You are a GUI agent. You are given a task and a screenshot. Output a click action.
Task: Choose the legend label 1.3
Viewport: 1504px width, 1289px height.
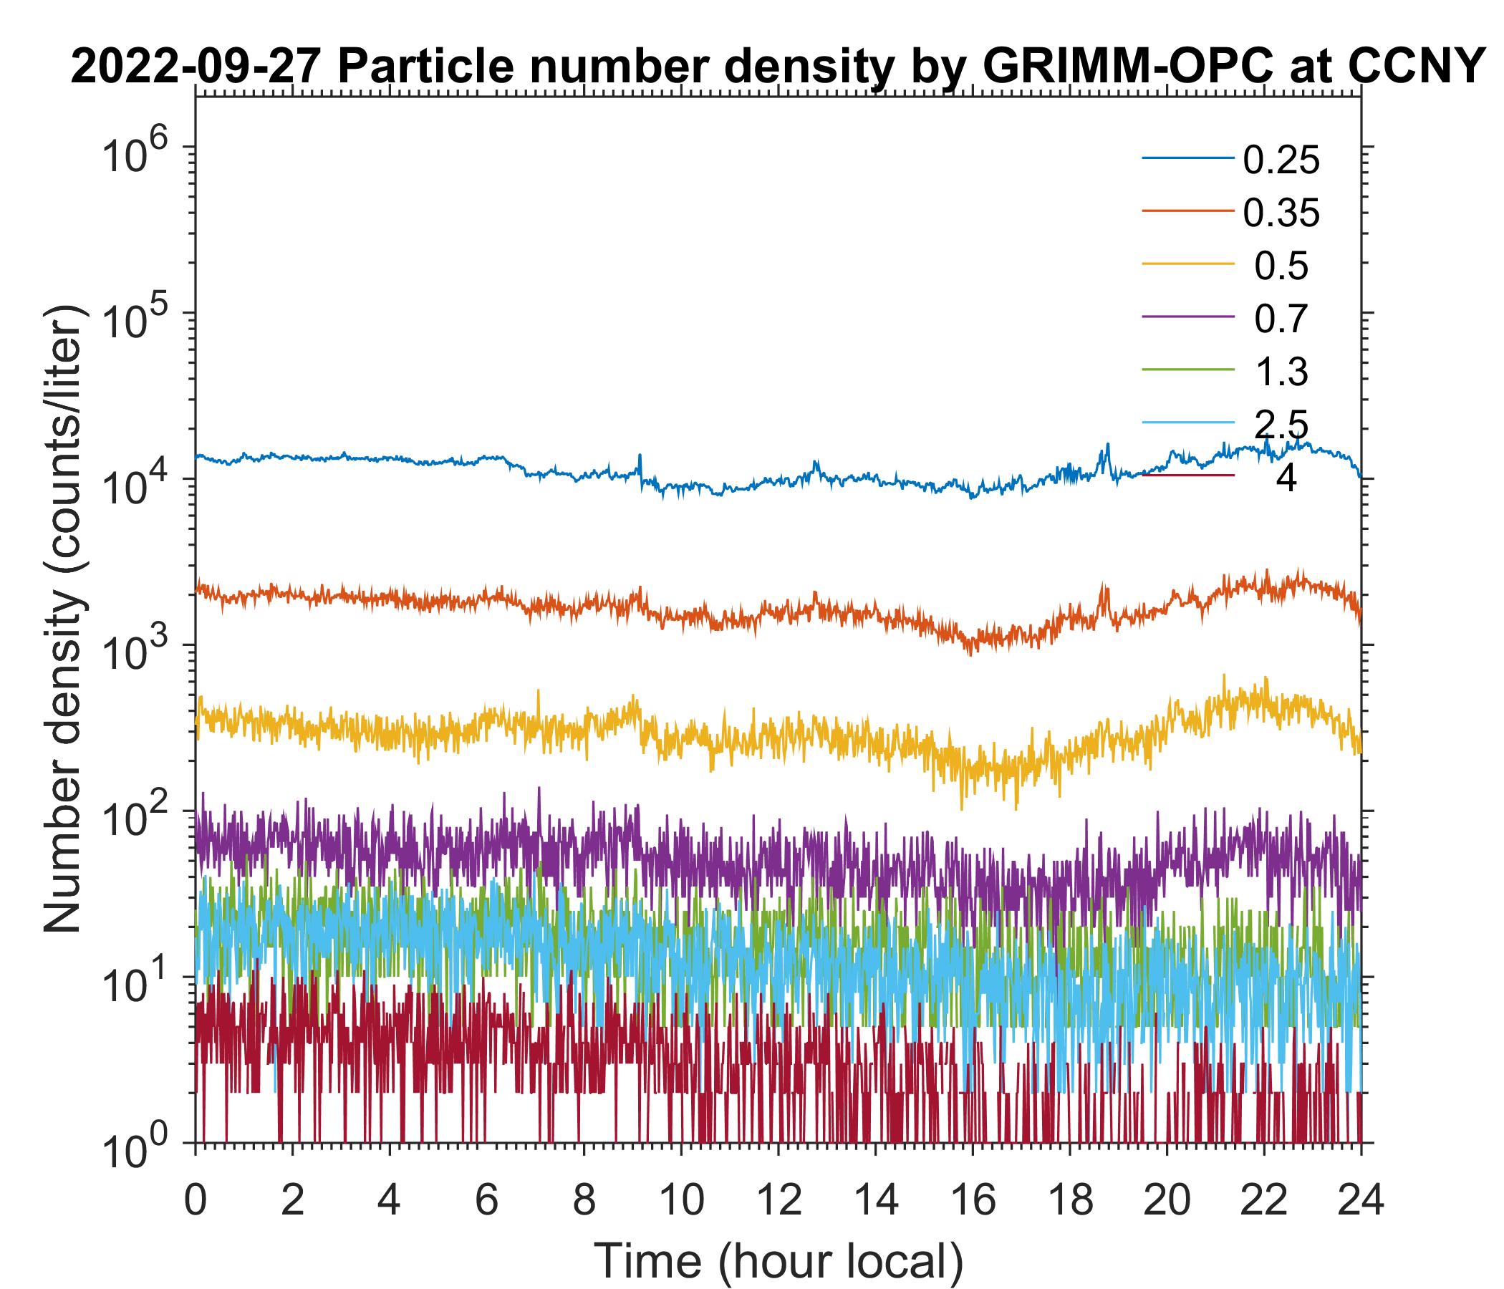tap(1281, 372)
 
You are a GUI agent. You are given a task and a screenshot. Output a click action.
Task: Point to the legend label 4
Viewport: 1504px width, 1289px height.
tap(1286, 479)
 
